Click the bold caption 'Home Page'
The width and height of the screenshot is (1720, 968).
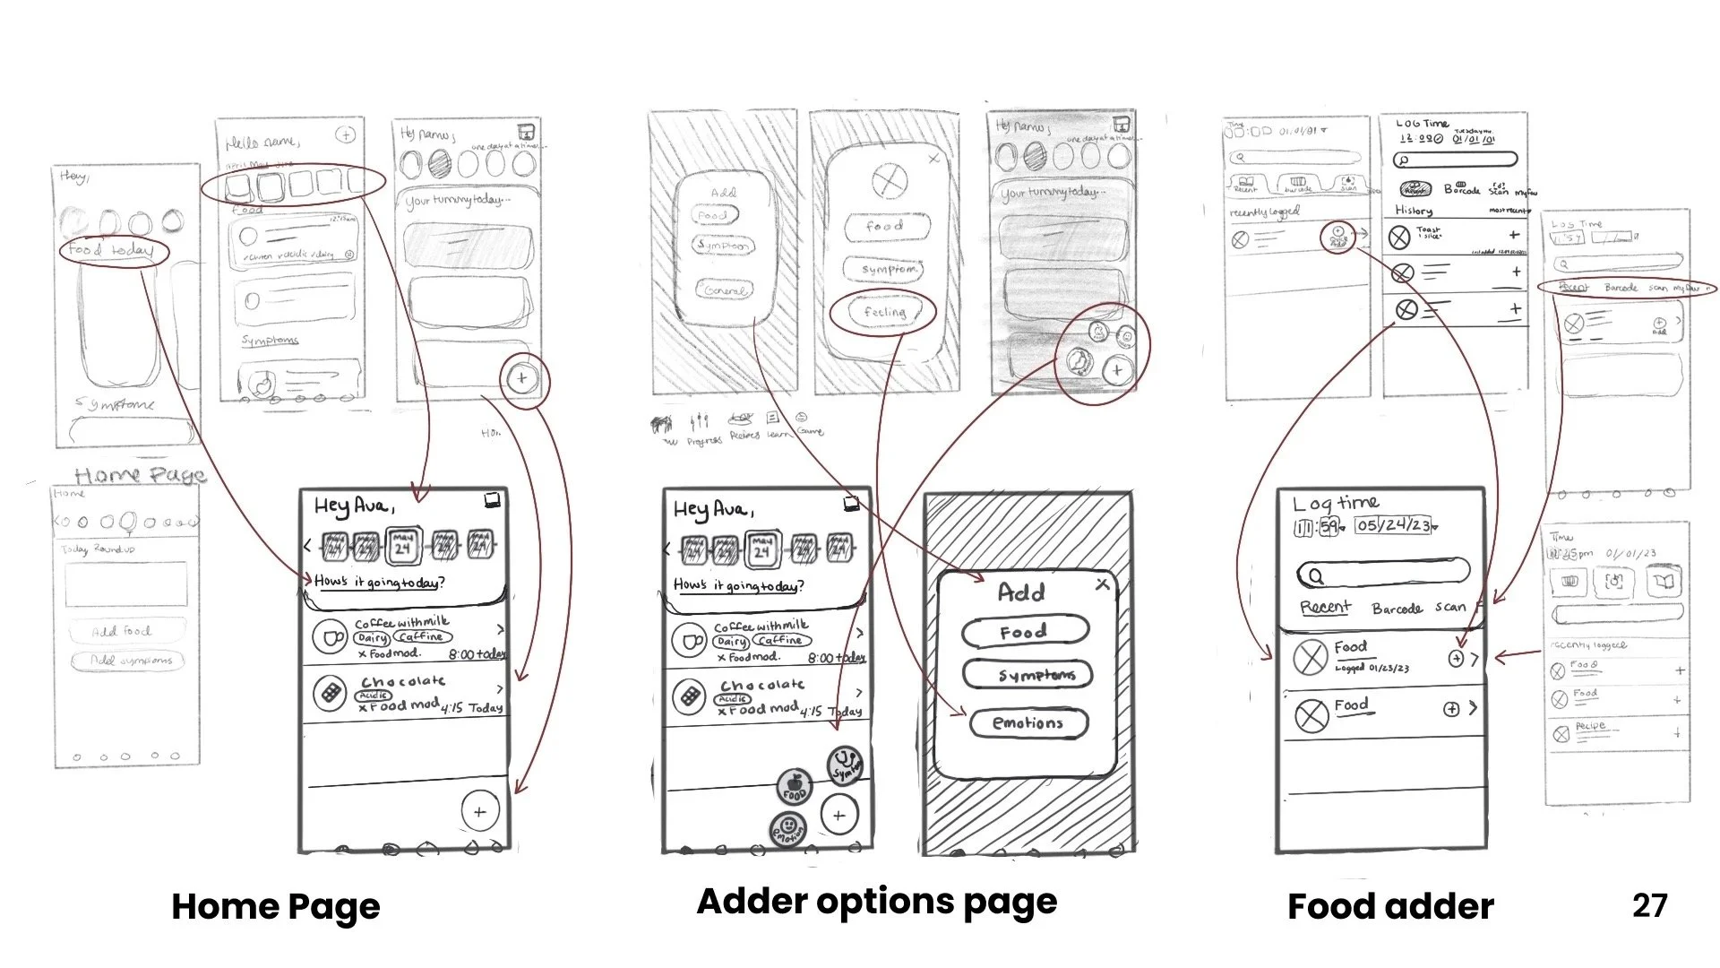tap(276, 907)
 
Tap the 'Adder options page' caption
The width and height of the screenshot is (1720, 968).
tap(876, 902)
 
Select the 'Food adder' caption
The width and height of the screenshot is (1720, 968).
tap(1390, 907)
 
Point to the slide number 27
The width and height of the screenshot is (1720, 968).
tap(1649, 905)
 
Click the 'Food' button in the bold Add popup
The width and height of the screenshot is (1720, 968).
tap(1025, 632)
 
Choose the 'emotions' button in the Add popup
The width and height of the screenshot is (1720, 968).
tap(1028, 723)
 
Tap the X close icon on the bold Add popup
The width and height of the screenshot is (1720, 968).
tap(1102, 584)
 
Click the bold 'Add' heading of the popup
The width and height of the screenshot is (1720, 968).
tap(1021, 592)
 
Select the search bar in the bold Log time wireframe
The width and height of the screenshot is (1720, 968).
tap(1384, 574)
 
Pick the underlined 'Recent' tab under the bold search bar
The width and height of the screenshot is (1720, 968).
tap(1326, 608)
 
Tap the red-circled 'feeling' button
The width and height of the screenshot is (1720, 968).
tap(884, 312)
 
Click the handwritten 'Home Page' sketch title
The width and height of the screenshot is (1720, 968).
tap(140, 475)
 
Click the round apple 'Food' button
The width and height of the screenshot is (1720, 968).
tap(794, 786)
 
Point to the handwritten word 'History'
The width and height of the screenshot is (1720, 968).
tap(1414, 211)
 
